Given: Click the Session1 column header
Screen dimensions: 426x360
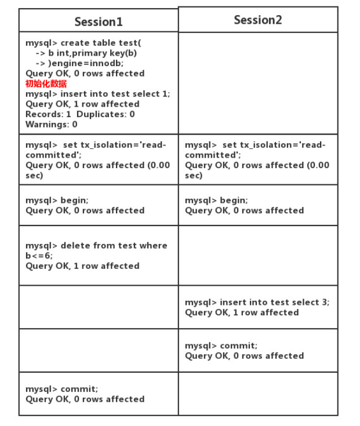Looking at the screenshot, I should (99, 21).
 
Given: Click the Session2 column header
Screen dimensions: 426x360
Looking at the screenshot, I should (258, 20).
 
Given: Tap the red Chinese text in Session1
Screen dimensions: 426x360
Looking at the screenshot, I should (46, 83).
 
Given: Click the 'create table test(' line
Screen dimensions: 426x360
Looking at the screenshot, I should (83, 43).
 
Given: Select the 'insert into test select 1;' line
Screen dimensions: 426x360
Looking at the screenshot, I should (97, 94).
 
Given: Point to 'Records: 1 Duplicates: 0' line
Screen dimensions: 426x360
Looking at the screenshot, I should (80, 114).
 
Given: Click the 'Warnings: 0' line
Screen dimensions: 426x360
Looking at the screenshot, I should (52, 125).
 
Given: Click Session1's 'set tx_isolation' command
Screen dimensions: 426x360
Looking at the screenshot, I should (96, 145).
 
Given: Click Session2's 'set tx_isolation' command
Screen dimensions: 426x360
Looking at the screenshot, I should (255, 145).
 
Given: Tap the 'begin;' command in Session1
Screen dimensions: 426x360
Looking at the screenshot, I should (57, 200).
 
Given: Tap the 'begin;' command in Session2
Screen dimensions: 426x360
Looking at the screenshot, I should (216, 200).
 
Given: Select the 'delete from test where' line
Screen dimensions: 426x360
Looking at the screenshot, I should (96, 245).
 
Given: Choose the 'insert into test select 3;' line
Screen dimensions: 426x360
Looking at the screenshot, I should (257, 302).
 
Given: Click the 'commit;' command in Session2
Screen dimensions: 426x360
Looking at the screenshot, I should (221, 345).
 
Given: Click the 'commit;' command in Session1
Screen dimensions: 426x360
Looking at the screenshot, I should (61, 389).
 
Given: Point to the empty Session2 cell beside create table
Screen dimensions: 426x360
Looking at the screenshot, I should (258, 83).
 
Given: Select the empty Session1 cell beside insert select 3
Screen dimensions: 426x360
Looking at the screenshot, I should (99, 307).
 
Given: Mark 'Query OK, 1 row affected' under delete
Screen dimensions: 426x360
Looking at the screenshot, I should (82, 266).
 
